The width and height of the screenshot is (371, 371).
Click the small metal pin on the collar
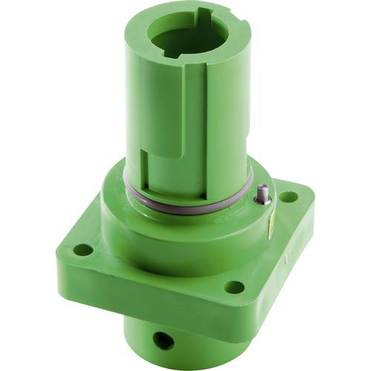262,195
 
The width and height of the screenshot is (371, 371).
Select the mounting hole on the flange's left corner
84,250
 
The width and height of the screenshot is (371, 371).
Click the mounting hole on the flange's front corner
234,286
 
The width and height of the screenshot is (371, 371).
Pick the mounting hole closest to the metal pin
288,197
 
